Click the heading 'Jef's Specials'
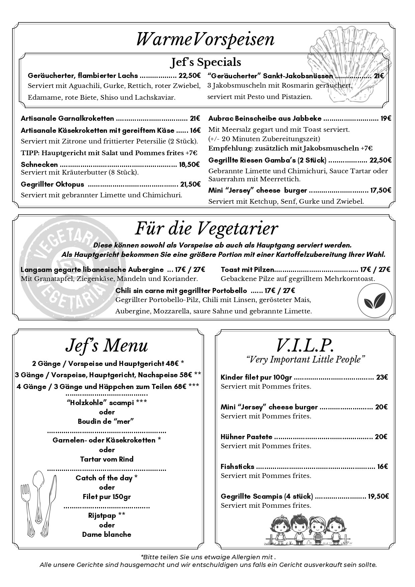206,62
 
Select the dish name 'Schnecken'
39,164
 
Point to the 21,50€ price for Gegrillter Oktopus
190,184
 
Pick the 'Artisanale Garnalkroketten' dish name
67,118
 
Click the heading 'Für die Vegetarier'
206,228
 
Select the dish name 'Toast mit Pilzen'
247,270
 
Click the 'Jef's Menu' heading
107,346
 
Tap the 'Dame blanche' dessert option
107,534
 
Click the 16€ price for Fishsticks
382,467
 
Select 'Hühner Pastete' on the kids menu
246,437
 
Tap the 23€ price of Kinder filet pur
382,377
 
